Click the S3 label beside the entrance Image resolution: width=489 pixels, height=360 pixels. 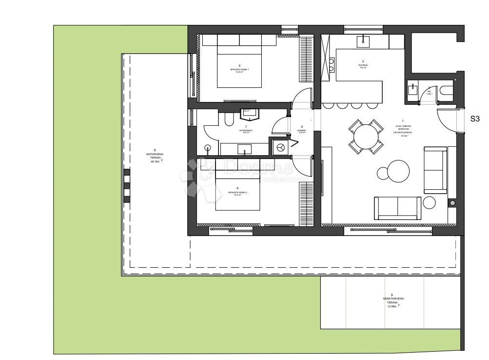[x=475, y=119]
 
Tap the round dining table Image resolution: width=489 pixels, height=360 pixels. [x=365, y=137]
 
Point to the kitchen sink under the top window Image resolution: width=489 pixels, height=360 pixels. [x=363, y=41]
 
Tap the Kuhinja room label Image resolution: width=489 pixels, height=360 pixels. [x=363, y=65]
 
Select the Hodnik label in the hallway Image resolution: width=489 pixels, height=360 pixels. [x=302, y=130]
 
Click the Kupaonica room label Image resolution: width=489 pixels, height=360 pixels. [x=232, y=130]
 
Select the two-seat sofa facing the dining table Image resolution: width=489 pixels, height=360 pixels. [x=397, y=208]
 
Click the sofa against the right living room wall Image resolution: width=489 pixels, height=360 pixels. [x=435, y=170]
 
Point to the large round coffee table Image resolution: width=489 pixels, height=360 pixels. [x=393, y=171]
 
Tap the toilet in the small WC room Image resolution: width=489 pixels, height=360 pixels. [x=445, y=91]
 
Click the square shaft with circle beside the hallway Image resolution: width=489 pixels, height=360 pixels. [x=280, y=147]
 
